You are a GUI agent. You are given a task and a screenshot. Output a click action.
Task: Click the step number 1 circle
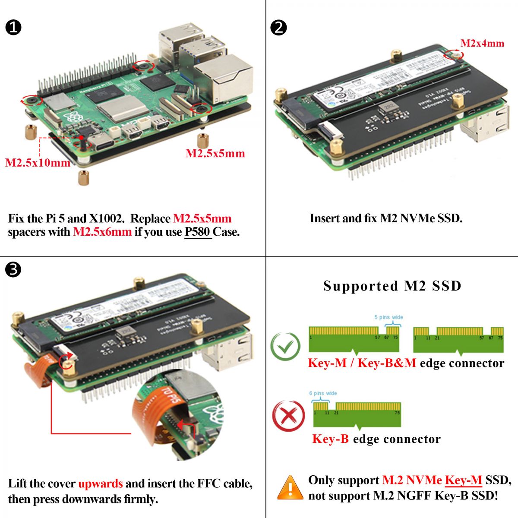point(13,28)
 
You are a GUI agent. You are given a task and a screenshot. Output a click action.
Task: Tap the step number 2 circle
point(278,28)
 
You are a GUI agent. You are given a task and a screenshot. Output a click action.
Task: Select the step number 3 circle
point(13,270)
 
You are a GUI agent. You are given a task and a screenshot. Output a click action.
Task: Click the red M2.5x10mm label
point(38,163)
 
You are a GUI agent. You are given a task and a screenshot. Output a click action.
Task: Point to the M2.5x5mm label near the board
point(215,153)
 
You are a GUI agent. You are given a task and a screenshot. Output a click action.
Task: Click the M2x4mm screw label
point(482,43)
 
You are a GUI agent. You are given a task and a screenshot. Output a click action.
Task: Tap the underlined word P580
point(198,232)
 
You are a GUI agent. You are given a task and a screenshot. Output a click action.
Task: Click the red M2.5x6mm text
point(102,232)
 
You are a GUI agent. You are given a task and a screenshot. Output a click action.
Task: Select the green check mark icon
point(285,346)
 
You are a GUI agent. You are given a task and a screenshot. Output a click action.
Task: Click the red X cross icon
point(288,416)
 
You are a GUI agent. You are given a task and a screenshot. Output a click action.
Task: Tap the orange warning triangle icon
point(290,488)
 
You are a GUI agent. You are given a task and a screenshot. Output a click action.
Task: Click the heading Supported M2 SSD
point(392,286)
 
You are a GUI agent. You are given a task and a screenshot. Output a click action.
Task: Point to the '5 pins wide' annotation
point(388,317)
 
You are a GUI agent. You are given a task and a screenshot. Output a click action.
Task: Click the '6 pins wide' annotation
point(323,393)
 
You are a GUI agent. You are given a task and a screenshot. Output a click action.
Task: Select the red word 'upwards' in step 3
point(100,483)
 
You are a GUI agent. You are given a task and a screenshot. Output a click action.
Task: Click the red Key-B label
point(330,439)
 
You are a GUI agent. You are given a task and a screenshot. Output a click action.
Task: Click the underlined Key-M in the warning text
point(463,480)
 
